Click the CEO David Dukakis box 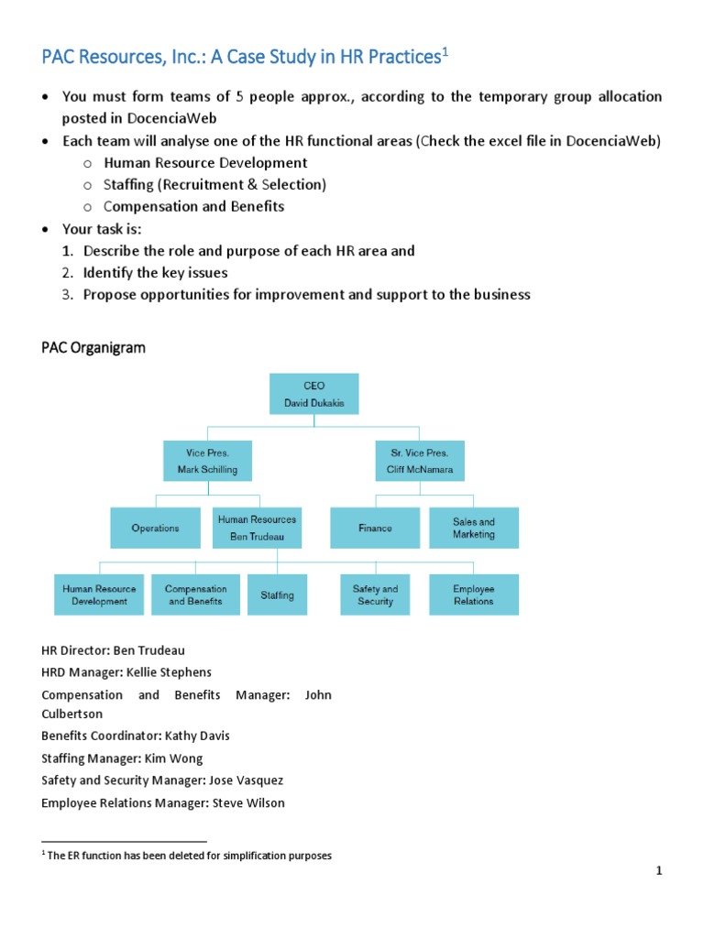[314, 394]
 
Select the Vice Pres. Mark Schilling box [206, 462]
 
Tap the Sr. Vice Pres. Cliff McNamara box [420, 462]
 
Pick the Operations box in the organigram [155, 528]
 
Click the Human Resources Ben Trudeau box [258, 528]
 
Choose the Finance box [375, 528]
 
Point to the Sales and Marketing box [474, 528]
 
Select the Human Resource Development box [99, 594]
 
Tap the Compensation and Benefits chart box [196, 594]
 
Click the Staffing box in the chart [277, 594]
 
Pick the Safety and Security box [375, 594]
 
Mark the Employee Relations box [474, 594]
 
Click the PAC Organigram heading [93, 348]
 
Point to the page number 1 [658, 872]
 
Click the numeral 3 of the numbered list [67, 295]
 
